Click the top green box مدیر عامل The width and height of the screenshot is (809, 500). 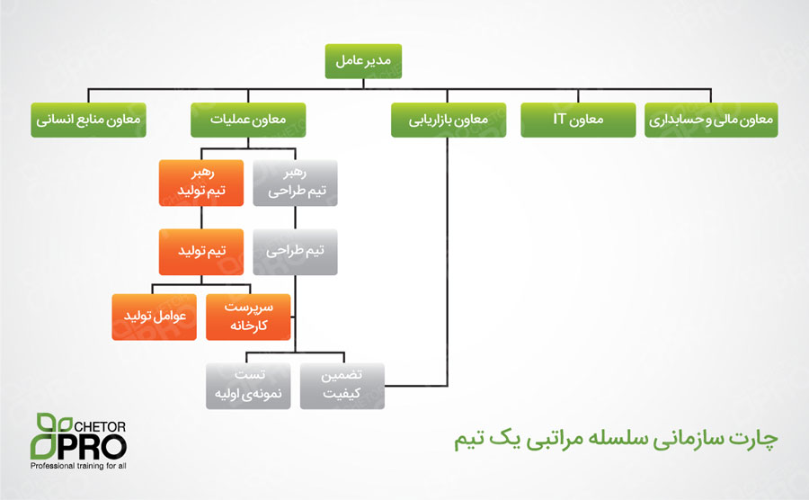point(363,61)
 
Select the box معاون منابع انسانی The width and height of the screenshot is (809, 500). point(88,120)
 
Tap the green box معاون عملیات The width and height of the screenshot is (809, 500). point(248,120)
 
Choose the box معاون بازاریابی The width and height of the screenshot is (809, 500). point(449,120)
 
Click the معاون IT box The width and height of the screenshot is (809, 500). point(578,120)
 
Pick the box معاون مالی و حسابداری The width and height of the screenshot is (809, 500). point(711,120)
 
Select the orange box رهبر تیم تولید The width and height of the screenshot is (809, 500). point(201,183)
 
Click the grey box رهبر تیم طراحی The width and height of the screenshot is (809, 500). point(295,183)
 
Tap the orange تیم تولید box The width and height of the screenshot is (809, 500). point(201,252)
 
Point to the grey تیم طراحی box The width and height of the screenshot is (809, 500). point(295,252)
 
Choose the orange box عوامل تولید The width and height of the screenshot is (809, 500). point(155,317)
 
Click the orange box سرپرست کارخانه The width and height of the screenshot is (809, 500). point(248,317)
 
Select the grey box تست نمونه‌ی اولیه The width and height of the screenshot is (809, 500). point(248,386)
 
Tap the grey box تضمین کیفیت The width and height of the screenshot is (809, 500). point(342,386)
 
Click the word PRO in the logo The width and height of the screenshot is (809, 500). point(93,446)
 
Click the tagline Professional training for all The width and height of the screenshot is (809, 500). point(78,466)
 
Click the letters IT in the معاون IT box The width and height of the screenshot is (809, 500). point(560,119)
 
